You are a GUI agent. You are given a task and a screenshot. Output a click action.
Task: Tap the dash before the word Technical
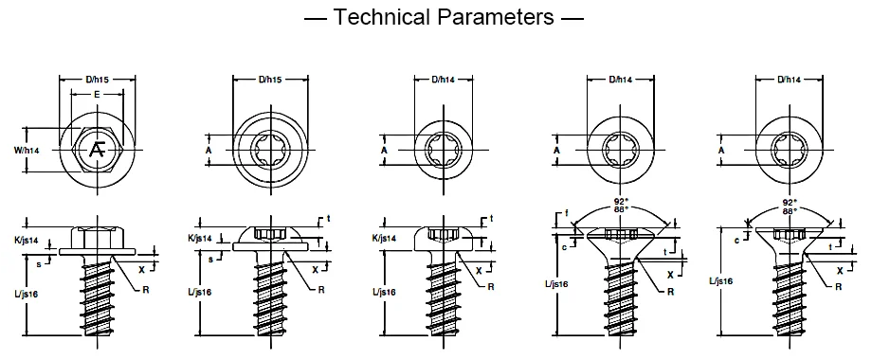[316, 18]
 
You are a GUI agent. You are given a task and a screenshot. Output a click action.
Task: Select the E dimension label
[97, 95]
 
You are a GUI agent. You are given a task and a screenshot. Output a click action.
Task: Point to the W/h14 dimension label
[27, 150]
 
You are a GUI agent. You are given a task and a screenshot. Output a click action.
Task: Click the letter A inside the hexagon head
[98, 150]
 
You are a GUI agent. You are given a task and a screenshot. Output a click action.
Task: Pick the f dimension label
[566, 212]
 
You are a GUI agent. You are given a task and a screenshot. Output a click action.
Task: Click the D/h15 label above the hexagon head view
[97, 80]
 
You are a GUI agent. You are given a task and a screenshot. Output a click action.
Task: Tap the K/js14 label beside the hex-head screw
[27, 240]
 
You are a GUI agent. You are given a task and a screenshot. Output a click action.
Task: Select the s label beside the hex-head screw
[39, 264]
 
